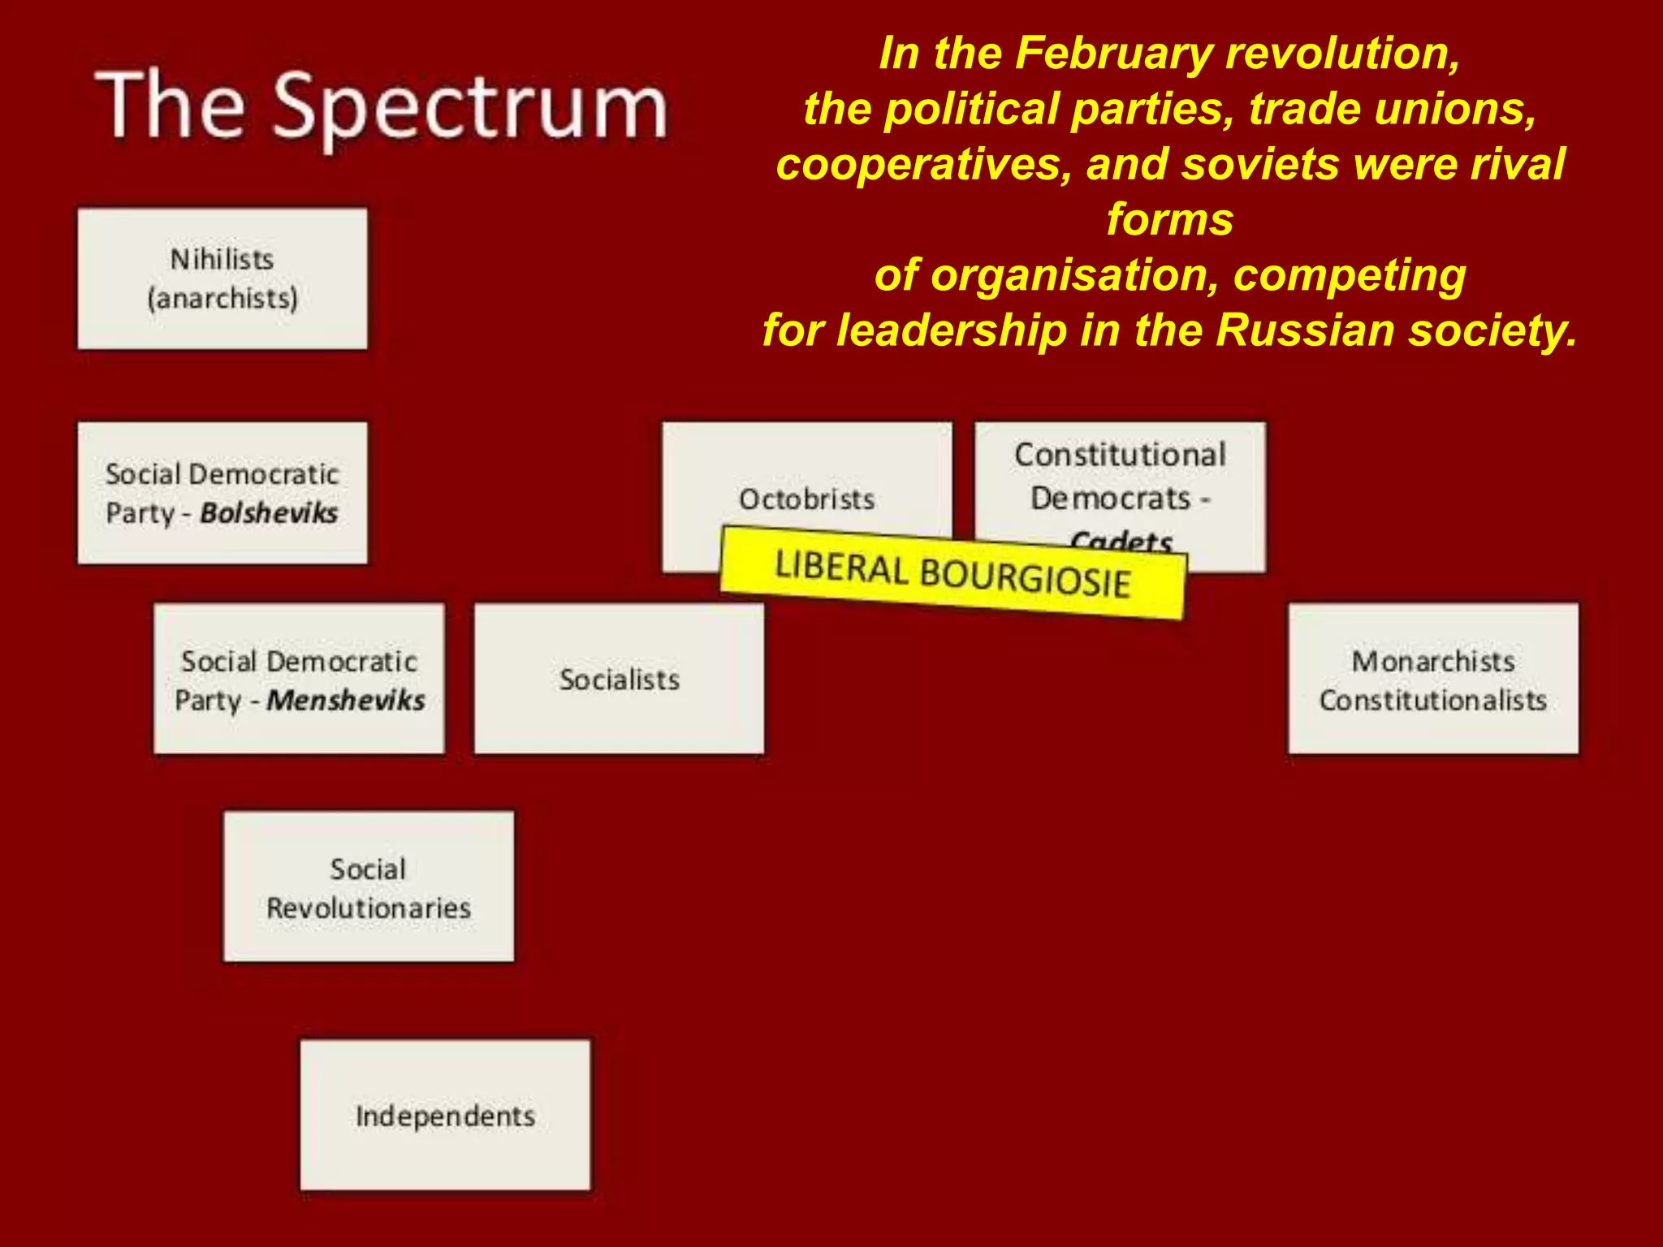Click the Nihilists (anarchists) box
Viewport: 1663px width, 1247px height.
pyautogui.click(x=222, y=278)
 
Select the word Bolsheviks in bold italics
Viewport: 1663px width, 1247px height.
pyautogui.click(x=269, y=513)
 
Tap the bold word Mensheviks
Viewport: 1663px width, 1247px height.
pyautogui.click(x=346, y=701)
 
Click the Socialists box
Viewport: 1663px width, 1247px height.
pyautogui.click(x=619, y=679)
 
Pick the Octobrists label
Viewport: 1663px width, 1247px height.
pyautogui.click(x=806, y=499)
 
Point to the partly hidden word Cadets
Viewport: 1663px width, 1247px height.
pyautogui.click(x=1121, y=539)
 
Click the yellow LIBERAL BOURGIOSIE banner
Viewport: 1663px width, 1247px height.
pyautogui.click(x=952, y=573)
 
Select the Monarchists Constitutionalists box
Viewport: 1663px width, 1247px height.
pyautogui.click(x=1433, y=680)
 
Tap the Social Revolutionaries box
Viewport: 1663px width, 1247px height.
pyautogui.click(x=369, y=887)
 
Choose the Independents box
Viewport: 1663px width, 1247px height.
pyautogui.click(x=445, y=1115)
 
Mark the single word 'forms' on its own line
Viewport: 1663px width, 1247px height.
pyautogui.click(x=1169, y=219)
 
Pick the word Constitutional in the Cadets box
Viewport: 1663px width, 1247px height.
pyautogui.click(x=1120, y=455)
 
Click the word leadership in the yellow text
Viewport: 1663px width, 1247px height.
pyautogui.click(x=952, y=330)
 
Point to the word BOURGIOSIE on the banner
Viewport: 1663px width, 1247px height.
pyautogui.click(x=1025, y=579)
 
